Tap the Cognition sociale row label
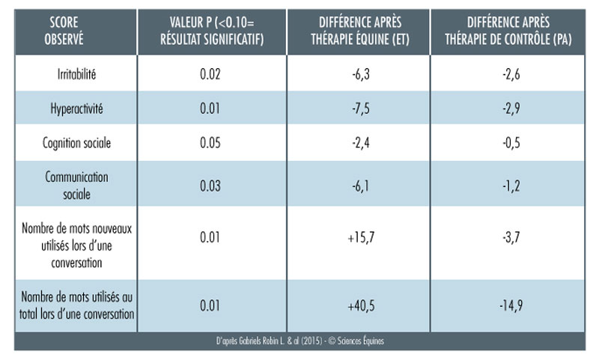[x=76, y=143]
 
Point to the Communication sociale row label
[x=76, y=184]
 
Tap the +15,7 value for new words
[x=358, y=237]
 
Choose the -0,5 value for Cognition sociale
[x=509, y=143]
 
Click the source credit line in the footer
[x=299, y=341]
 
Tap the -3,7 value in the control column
[x=509, y=237]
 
